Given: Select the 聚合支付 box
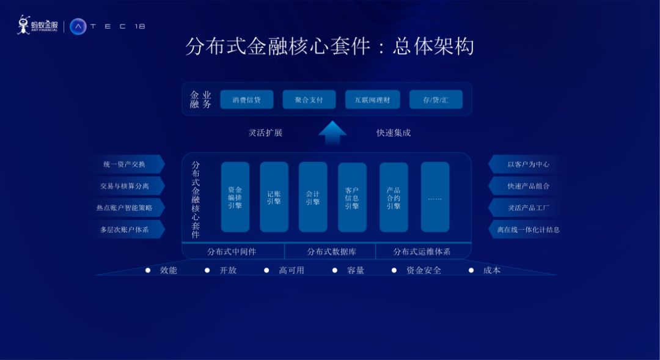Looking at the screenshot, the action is (309, 100).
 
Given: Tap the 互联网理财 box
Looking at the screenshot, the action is (372, 100).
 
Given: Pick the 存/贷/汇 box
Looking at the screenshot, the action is (436, 100).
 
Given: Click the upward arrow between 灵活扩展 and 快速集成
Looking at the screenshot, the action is (332, 133).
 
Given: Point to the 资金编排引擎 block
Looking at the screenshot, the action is (235, 197).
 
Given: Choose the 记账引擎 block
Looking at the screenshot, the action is (274, 197).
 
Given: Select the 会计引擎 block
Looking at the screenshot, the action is (313, 197).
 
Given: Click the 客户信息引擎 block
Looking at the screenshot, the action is (352, 197).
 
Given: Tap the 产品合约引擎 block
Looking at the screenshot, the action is (394, 197).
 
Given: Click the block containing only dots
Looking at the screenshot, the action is (435, 197).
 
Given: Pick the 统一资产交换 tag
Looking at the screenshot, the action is (126, 164).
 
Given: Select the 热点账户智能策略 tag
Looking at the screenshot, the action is (126, 208).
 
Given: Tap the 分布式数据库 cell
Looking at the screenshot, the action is (331, 251).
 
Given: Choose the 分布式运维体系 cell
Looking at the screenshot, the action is (422, 251).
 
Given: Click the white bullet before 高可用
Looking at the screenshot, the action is (266, 270).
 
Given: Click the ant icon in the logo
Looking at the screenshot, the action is (23, 24).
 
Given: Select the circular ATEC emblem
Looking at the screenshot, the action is (78, 26).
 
